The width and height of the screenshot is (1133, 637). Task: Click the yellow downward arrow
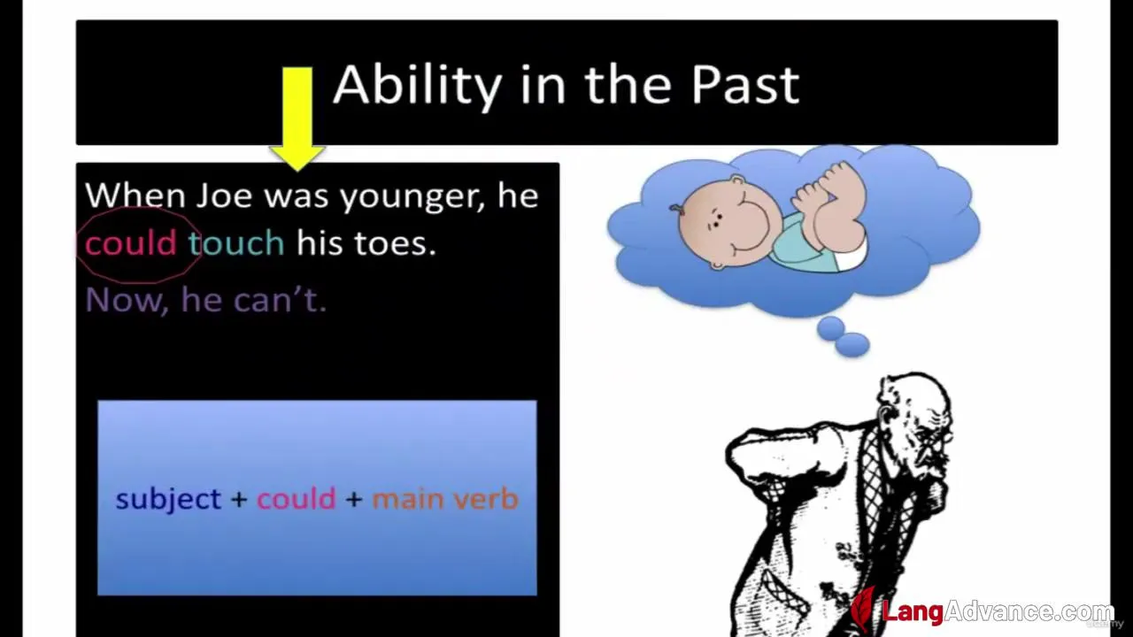(x=297, y=119)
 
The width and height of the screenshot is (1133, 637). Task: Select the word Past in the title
(x=744, y=85)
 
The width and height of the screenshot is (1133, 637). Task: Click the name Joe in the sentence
(x=224, y=196)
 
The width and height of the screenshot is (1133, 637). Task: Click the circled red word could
(x=130, y=242)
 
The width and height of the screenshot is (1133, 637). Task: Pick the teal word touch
(x=236, y=242)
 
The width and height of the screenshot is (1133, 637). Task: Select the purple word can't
(x=280, y=299)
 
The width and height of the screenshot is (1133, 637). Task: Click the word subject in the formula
(x=168, y=500)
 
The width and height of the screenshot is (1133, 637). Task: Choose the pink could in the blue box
(x=297, y=498)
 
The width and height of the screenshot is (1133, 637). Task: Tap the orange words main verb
(x=445, y=499)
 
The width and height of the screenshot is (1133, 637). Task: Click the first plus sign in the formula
(x=239, y=500)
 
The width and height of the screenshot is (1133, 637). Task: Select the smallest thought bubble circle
(x=830, y=328)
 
